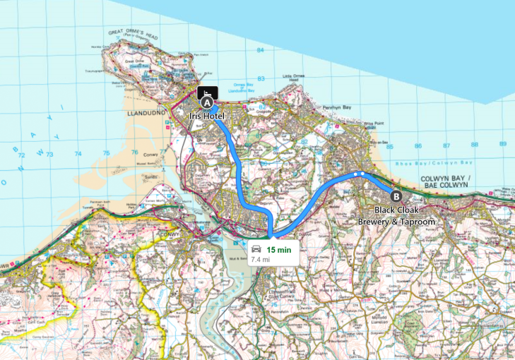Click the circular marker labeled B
click(x=396, y=197)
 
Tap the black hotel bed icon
click(x=208, y=92)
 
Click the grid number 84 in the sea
click(x=261, y=50)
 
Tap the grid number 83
click(x=261, y=78)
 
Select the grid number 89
click(x=503, y=143)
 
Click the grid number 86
click(x=418, y=145)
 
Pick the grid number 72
click(x=21, y=155)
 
